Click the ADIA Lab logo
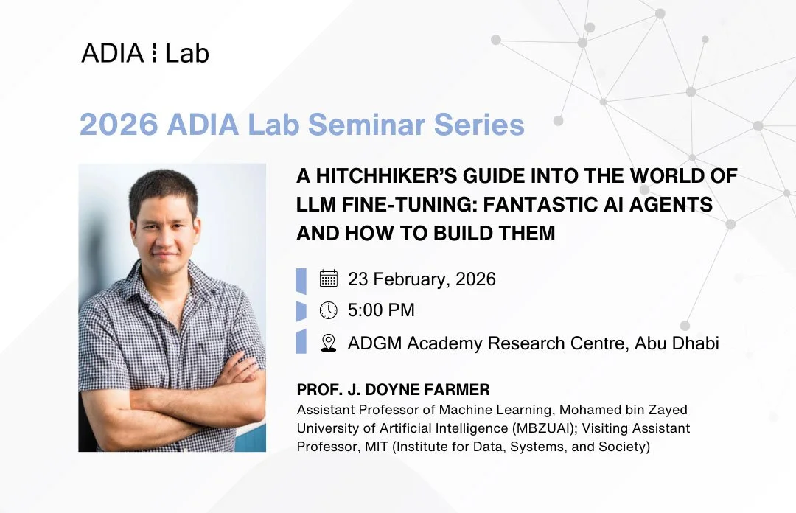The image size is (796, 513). (x=144, y=53)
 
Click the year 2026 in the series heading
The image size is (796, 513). (x=118, y=124)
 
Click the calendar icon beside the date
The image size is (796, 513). (x=329, y=279)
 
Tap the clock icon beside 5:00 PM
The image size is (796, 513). (x=329, y=311)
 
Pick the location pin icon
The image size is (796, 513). (x=329, y=343)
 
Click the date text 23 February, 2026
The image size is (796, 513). (x=422, y=279)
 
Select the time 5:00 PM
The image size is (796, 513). (x=381, y=311)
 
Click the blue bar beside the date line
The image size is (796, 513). (x=301, y=280)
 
